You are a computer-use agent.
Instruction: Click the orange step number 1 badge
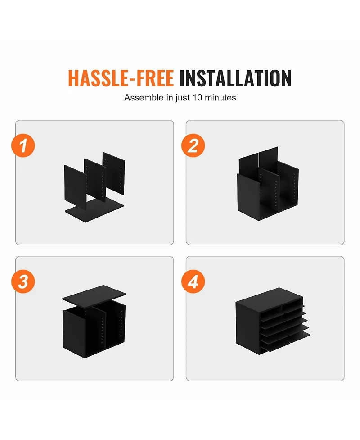tap(23, 145)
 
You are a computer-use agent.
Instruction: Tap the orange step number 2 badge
tap(193, 145)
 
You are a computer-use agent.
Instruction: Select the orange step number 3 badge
tap(23, 281)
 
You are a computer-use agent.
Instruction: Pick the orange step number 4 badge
tap(193, 281)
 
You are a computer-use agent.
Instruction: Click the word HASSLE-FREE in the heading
tap(121, 78)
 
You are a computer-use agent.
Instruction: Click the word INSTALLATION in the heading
tap(235, 78)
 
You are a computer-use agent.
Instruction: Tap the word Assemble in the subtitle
tap(144, 98)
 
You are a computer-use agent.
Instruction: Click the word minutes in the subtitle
tap(220, 98)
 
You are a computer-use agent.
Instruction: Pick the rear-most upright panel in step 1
tap(114, 173)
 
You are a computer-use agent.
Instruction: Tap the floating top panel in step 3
tap(94, 296)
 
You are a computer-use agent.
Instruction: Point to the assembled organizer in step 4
tap(273, 321)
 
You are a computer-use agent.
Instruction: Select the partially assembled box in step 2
tap(268, 184)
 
